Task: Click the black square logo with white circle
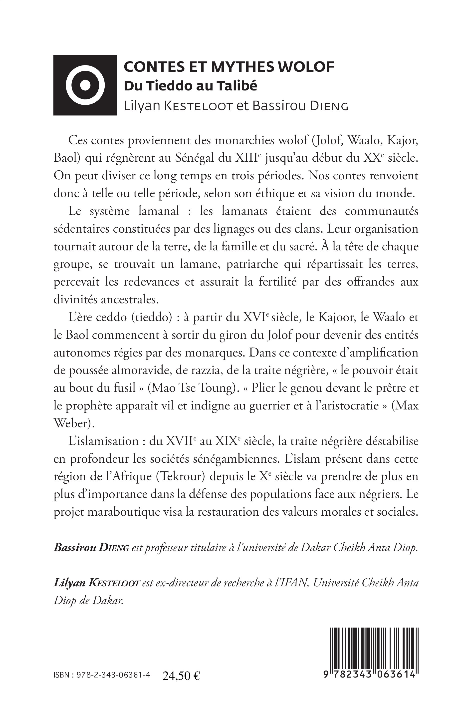(x=85, y=85)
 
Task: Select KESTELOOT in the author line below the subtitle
(x=198, y=106)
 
